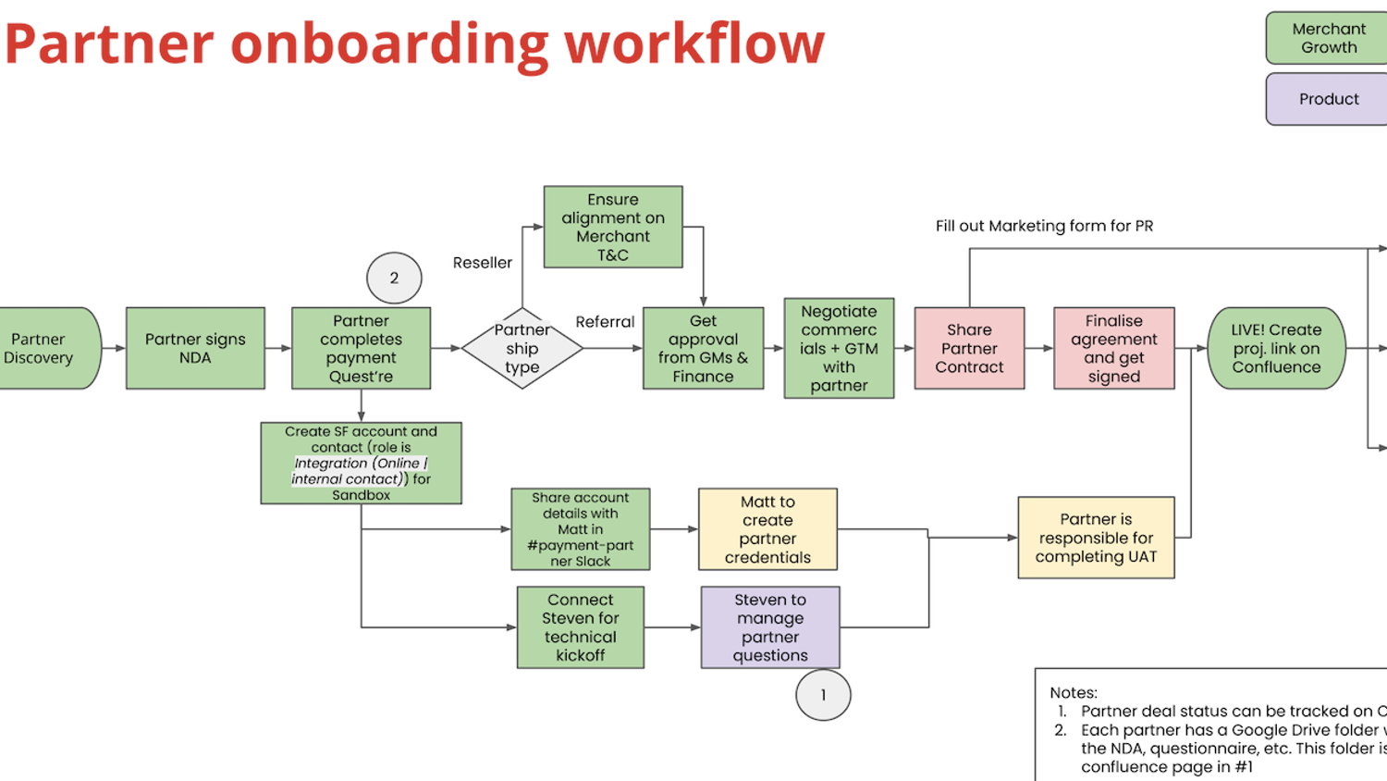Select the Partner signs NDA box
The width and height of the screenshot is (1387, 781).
tap(195, 348)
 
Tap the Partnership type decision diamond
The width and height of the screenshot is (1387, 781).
tap(522, 348)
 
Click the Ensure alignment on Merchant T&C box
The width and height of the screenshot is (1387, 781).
tap(613, 227)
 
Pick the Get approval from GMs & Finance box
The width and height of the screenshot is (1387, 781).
tap(703, 348)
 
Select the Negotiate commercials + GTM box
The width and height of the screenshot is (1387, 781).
tap(839, 348)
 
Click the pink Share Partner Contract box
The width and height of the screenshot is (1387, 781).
tap(969, 348)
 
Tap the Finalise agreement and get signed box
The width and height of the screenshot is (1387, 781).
tap(1113, 348)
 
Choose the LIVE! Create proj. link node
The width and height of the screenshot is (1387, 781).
tap(1276, 348)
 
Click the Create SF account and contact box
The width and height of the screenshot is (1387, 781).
tap(361, 463)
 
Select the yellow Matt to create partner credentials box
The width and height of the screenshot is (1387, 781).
tap(767, 529)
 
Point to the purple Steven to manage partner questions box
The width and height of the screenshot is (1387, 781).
tap(770, 627)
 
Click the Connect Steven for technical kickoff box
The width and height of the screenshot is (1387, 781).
tap(580, 627)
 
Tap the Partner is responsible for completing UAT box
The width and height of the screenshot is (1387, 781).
tap(1096, 538)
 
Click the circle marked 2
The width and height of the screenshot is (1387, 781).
tap(394, 278)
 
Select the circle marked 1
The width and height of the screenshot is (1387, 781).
tap(823, 695)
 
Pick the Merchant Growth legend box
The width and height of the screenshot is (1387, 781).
tap(1329, 38)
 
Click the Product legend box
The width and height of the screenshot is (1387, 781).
tap(1329, 99)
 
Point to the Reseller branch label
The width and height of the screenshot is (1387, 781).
tap(482, 263)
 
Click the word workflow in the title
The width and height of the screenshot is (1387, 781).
tap(694, 43)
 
